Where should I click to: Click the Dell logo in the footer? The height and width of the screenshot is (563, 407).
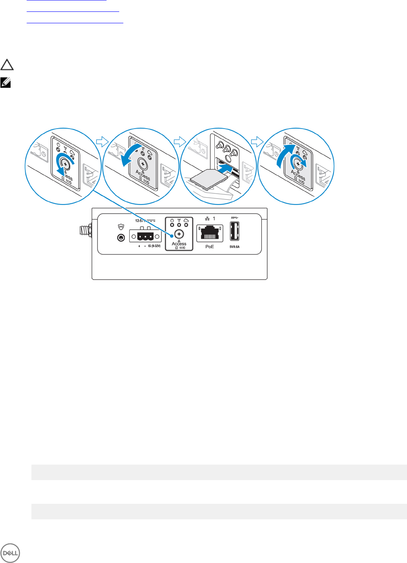(x=10, y=554)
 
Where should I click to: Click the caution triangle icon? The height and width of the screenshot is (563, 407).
(x=7, y=65)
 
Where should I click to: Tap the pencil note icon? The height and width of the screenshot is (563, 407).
(x=5, y=82)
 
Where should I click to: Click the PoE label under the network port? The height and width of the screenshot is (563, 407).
(x=209, y=247)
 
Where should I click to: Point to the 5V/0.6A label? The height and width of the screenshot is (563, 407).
(x=234, y=247)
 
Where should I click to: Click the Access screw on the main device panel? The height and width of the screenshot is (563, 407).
(x=179, y=234)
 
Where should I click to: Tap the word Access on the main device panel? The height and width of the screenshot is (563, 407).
(x=179, y=244)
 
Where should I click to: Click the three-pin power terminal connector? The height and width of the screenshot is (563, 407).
(x=145, y=236)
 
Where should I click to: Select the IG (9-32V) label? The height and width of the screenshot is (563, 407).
(x=154, y=246)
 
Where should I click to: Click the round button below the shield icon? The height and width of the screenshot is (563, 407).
(x=121, y=237)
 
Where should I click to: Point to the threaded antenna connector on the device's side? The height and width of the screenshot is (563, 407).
(x=85, y=230)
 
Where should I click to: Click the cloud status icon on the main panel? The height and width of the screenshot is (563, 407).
(x=186, y=220)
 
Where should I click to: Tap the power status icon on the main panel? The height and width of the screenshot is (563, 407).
(x=172, y=220)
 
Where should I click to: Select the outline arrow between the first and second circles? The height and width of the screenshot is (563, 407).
(x=102, y=141)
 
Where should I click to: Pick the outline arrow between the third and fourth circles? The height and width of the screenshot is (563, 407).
(x=257, y=141)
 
